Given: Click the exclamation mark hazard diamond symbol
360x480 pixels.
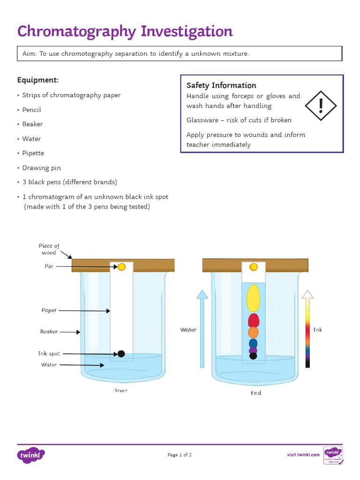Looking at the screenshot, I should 321,105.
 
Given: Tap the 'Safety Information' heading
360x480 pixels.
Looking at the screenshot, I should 221,85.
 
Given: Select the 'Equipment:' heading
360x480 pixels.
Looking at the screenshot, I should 38,80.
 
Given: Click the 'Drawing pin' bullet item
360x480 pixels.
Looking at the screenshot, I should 42,168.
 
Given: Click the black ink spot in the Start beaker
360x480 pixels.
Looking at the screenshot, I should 121,353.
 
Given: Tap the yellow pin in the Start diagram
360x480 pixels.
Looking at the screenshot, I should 121,267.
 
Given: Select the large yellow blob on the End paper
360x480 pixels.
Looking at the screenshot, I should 253,298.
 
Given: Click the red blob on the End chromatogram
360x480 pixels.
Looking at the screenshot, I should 253,321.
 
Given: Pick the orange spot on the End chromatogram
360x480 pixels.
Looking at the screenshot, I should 253,332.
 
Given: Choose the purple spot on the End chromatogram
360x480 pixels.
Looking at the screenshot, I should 253,350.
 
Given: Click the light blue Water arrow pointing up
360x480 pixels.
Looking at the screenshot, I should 202,328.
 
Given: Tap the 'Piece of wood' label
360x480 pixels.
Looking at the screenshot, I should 49,249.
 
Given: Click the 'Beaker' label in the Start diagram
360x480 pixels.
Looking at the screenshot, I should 49,331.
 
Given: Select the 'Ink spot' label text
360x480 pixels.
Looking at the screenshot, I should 49,354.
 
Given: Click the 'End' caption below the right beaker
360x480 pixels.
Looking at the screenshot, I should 255,393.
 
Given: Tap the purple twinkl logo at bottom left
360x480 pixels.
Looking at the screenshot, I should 31,455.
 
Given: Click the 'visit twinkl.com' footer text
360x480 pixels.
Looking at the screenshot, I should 303,455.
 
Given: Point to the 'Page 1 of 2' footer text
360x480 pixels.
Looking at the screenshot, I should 180,455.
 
